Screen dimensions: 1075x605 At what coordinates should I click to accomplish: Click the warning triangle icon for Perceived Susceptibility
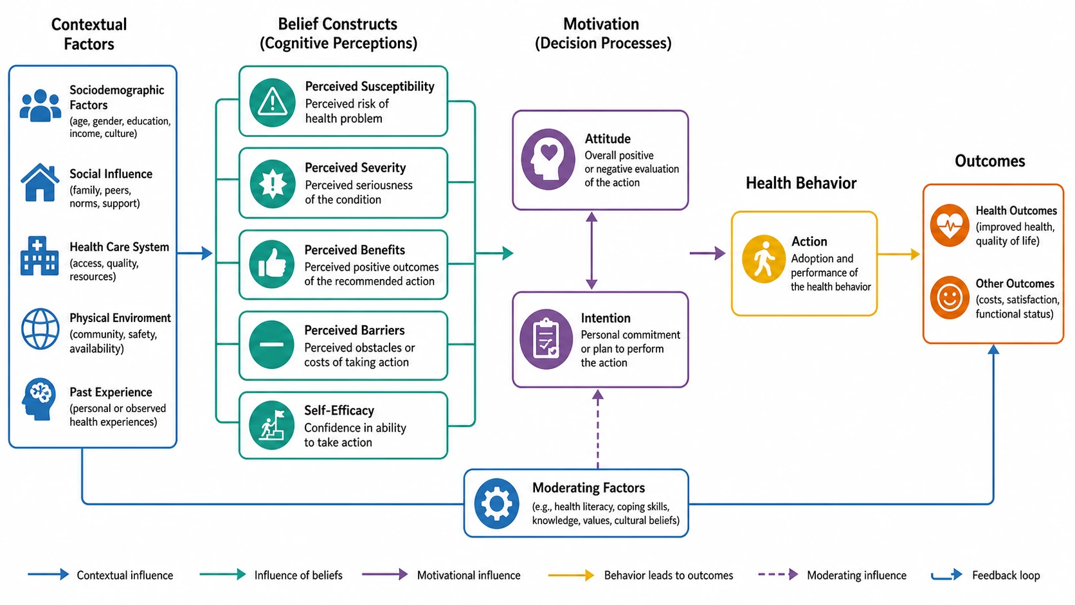pyautogui.click(x=272, y=103)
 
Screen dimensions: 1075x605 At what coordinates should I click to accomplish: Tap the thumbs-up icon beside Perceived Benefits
pyautogui.click(x=272, y=264)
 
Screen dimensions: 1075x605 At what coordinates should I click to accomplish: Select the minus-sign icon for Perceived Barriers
pyautogui.click(x=271, y=345)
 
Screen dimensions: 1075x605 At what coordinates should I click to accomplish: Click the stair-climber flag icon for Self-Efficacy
pyautogui.click(x=272, y=425)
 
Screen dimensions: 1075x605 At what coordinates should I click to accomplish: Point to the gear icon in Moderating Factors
pyautogui.click(x=496, y=504)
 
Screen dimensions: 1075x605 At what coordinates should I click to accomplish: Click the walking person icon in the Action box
pyautogui.click(x=764, y=259)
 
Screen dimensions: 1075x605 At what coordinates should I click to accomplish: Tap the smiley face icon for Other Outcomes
pyautogui.click(x=949, y=298)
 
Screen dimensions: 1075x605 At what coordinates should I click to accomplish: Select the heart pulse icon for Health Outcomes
pyautogui.click(x=949, y=225)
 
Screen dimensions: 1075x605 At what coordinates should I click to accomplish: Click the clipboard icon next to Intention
pyautogui.click(x=546, y=339)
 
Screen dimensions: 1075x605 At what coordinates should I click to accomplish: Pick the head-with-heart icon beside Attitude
pyautogui.click(x=548, y=159)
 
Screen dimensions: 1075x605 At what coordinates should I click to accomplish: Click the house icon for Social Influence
pyautogui.click(x=40, y=183)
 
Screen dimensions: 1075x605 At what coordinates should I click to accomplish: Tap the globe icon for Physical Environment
pyautogui.click(x=41, y=329)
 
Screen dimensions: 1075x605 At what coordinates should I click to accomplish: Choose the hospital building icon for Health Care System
pyautogui.click(x=40, y=256)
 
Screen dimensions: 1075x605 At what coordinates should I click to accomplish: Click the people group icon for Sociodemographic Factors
pyautogui.click(x=41, y=105)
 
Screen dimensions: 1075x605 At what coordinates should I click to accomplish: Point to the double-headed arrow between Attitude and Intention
pyautogui.click(x=592, y=251)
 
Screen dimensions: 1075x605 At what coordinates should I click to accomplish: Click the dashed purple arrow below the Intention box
pyautogui.click(x=597, y=429)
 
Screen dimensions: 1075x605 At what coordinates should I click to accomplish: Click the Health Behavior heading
pyautogui.click(x=801, y=183)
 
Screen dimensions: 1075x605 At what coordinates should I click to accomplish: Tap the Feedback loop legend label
pyautogui.click(x=1006, y=575)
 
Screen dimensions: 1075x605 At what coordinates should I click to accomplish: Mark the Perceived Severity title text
pyautogui.click(x=355, y=167)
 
